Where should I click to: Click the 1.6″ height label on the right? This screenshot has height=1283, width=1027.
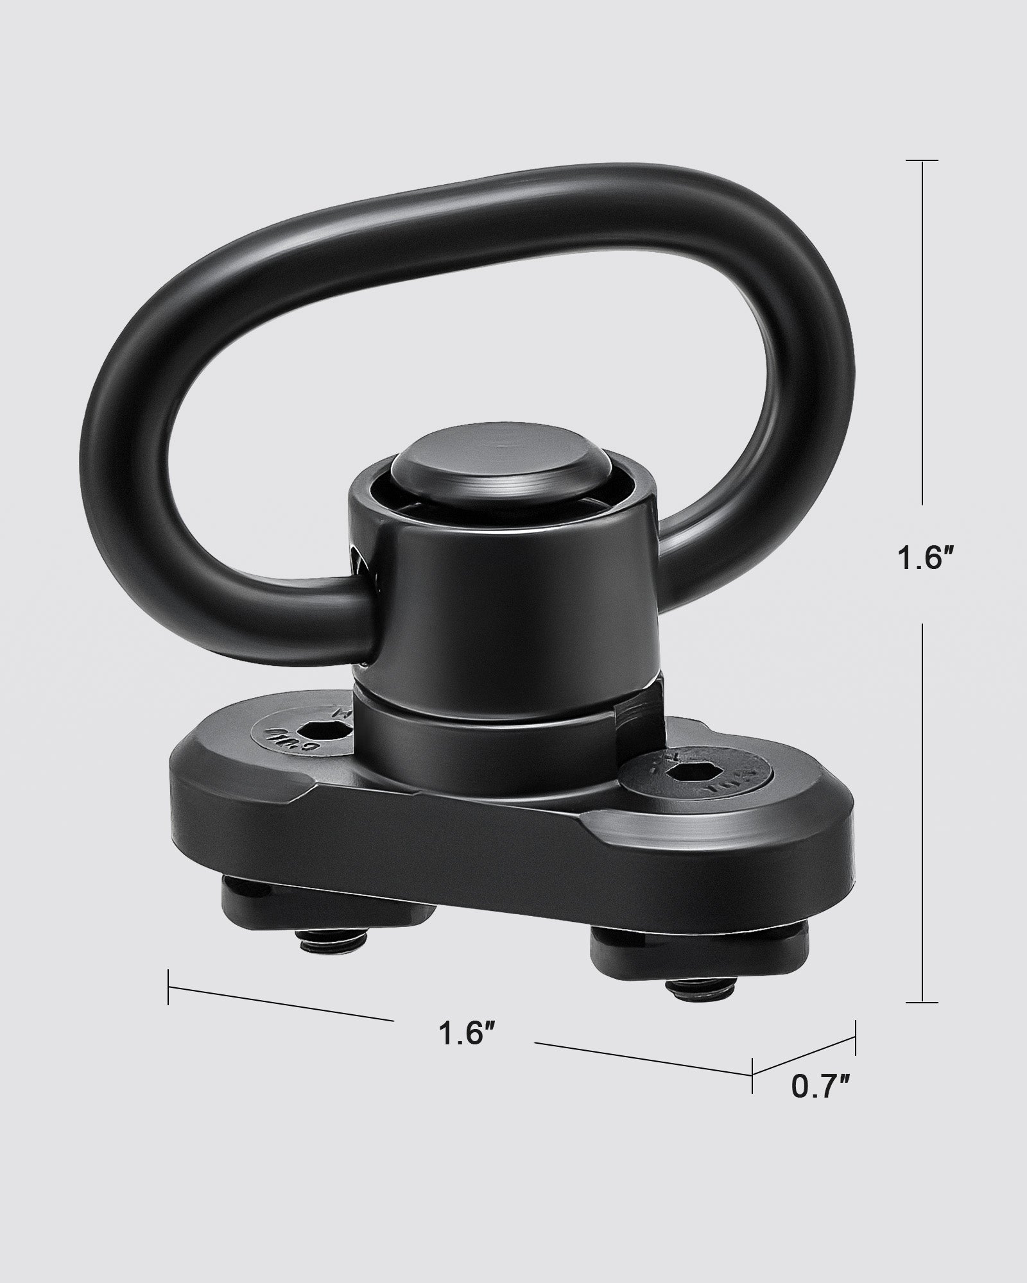pos(922,559)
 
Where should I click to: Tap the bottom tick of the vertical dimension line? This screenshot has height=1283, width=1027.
pos(922,1019)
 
